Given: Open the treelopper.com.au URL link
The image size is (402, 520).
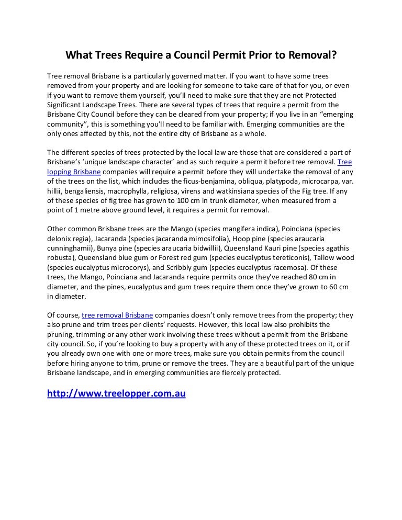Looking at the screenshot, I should (116, 393).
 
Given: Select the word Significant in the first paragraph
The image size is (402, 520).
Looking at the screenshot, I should (67, 105).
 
